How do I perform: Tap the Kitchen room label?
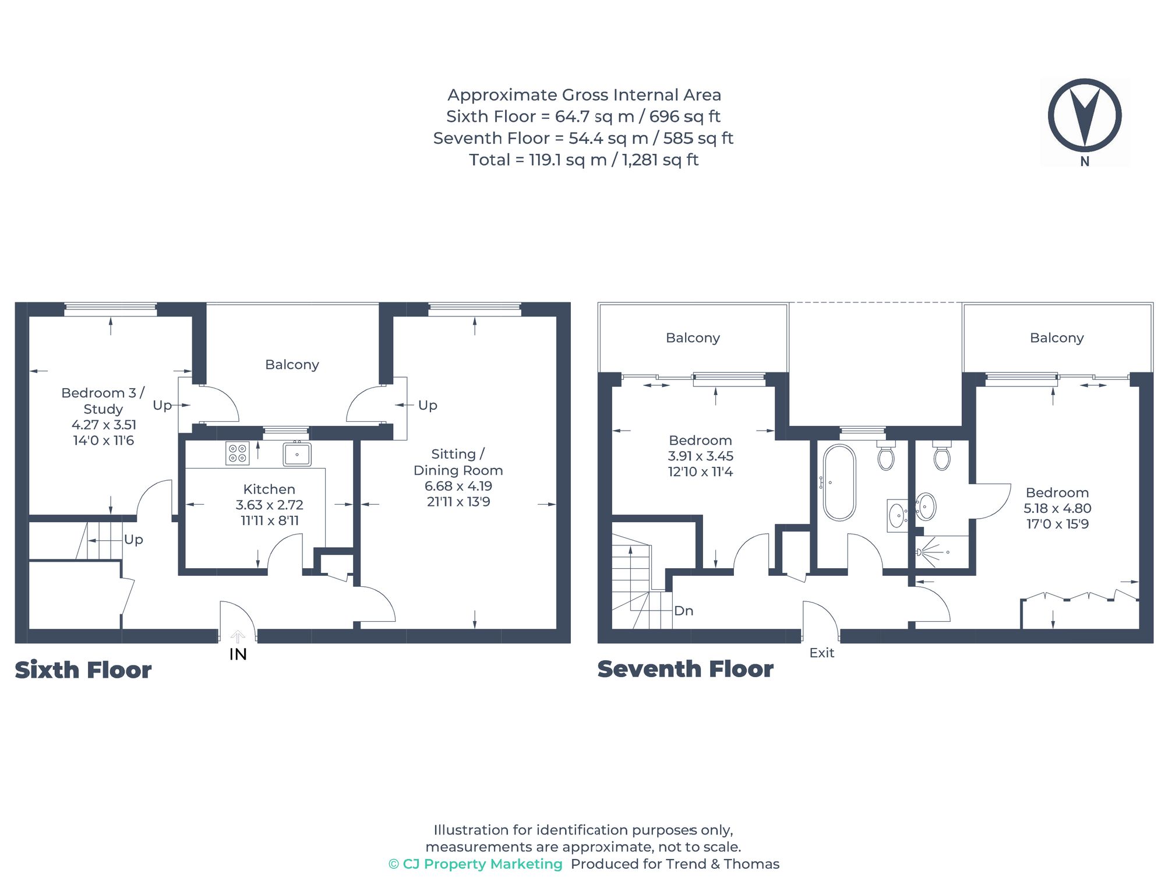[x=269, y=489]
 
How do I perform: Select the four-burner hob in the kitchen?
[x=237, y=453]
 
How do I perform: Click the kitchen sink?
[x=297, y=455]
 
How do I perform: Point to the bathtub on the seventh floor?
[x=839, y=483]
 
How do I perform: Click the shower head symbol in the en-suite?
[x=920, y=552]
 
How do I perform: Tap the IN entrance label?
[x=238, y=654]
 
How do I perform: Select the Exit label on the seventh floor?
[x=821, y=653]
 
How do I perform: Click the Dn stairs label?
[x=683, y=611]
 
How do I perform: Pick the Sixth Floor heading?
[x=83, y=670]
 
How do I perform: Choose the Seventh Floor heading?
[x=685, y=669]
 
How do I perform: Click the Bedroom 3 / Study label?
[x=103, y=400]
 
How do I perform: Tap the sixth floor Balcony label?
[x=292, y=365]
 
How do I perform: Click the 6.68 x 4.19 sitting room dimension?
[x=458, y=486]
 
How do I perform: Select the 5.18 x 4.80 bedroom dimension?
[x=1057, y=508]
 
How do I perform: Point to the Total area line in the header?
[x=583, y=160]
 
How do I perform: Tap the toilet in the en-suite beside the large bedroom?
[x=941, y=457]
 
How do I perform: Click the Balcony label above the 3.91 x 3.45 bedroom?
[x=693, y=338]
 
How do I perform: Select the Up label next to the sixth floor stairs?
[x=133, y=540]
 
